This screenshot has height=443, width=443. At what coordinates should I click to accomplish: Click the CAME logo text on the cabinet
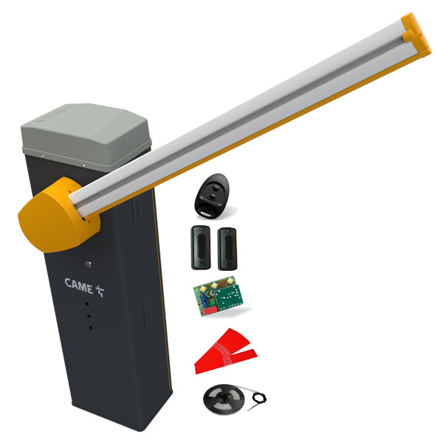coord(79,285)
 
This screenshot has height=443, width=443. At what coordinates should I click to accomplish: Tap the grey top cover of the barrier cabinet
coord(86,135)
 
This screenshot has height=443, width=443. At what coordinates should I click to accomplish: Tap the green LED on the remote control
coord(218,182)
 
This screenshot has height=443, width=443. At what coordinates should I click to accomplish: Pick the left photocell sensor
coord(201,247)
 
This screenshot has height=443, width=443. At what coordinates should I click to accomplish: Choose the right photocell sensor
coord(227,249)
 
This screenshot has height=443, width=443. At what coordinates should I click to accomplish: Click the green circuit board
coord(218,296)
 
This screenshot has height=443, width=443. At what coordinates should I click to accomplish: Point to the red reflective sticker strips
coord(225,351)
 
